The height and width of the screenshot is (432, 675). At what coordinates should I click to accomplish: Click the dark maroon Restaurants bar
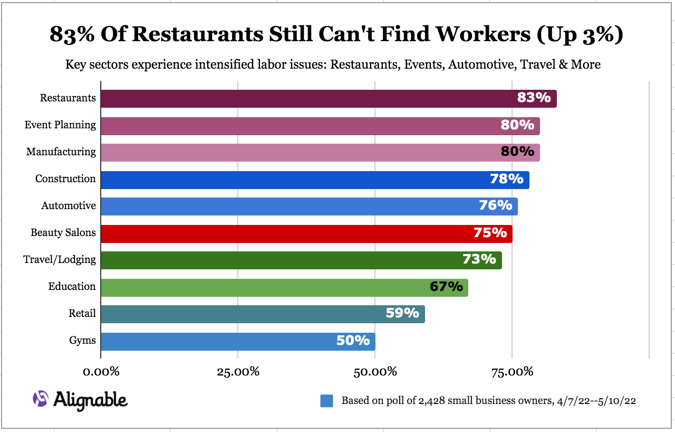[316, 99]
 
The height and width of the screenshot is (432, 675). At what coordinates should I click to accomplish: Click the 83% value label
[534, 98]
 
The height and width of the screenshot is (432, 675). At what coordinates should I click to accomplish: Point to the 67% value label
[446, 287]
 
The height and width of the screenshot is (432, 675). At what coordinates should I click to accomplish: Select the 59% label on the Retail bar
[402, 313]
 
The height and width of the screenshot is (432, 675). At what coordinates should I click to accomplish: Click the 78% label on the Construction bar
[506, 179]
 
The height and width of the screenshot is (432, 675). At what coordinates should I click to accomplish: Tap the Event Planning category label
[60, 125]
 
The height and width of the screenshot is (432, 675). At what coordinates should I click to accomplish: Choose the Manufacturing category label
[61, 152]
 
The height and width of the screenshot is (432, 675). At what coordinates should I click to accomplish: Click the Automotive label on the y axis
[69, 206]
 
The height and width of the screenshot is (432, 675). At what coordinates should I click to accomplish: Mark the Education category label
[72, 287]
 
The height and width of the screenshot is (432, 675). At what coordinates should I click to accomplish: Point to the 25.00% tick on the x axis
[237, 372]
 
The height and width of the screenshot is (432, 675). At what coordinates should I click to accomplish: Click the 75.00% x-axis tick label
[512, 372]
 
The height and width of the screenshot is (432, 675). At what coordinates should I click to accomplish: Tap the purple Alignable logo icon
[41, 399]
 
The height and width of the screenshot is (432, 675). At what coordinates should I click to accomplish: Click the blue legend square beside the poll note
[326, 401]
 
